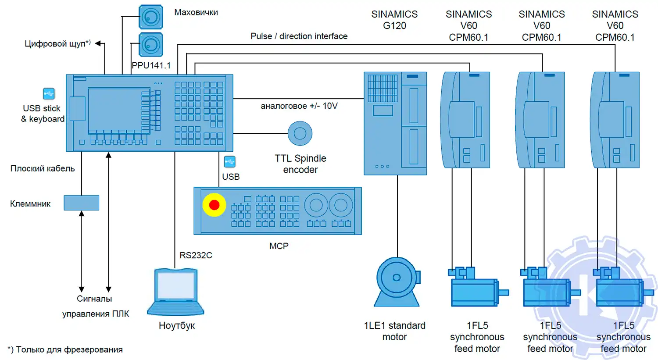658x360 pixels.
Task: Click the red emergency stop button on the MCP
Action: [214, 205]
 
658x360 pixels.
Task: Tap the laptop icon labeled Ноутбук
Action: [176, 291]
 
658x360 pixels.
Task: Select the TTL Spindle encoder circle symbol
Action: [300, 133]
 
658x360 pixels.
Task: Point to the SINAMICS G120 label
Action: [394, 20]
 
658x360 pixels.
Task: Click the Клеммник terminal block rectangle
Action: [82, 203]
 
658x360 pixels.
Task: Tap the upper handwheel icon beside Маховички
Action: [151, 17]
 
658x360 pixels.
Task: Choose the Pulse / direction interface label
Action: [299, 36]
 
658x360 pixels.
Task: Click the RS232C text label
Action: [196, 255]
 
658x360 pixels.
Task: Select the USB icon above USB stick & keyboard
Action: [49, 94]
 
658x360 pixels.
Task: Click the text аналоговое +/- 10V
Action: [299, 106]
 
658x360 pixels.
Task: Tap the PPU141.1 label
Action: [151, 65]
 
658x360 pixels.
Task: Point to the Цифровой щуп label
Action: [57, 44]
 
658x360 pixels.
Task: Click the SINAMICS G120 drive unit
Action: [395, 123]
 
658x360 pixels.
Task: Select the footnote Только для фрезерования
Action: [65, 349]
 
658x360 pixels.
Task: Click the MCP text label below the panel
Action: [279, 246]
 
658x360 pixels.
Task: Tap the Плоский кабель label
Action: [43, 168]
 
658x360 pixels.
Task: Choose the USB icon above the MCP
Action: [229, 162]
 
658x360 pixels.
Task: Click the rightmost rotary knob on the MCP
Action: [341, 204]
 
